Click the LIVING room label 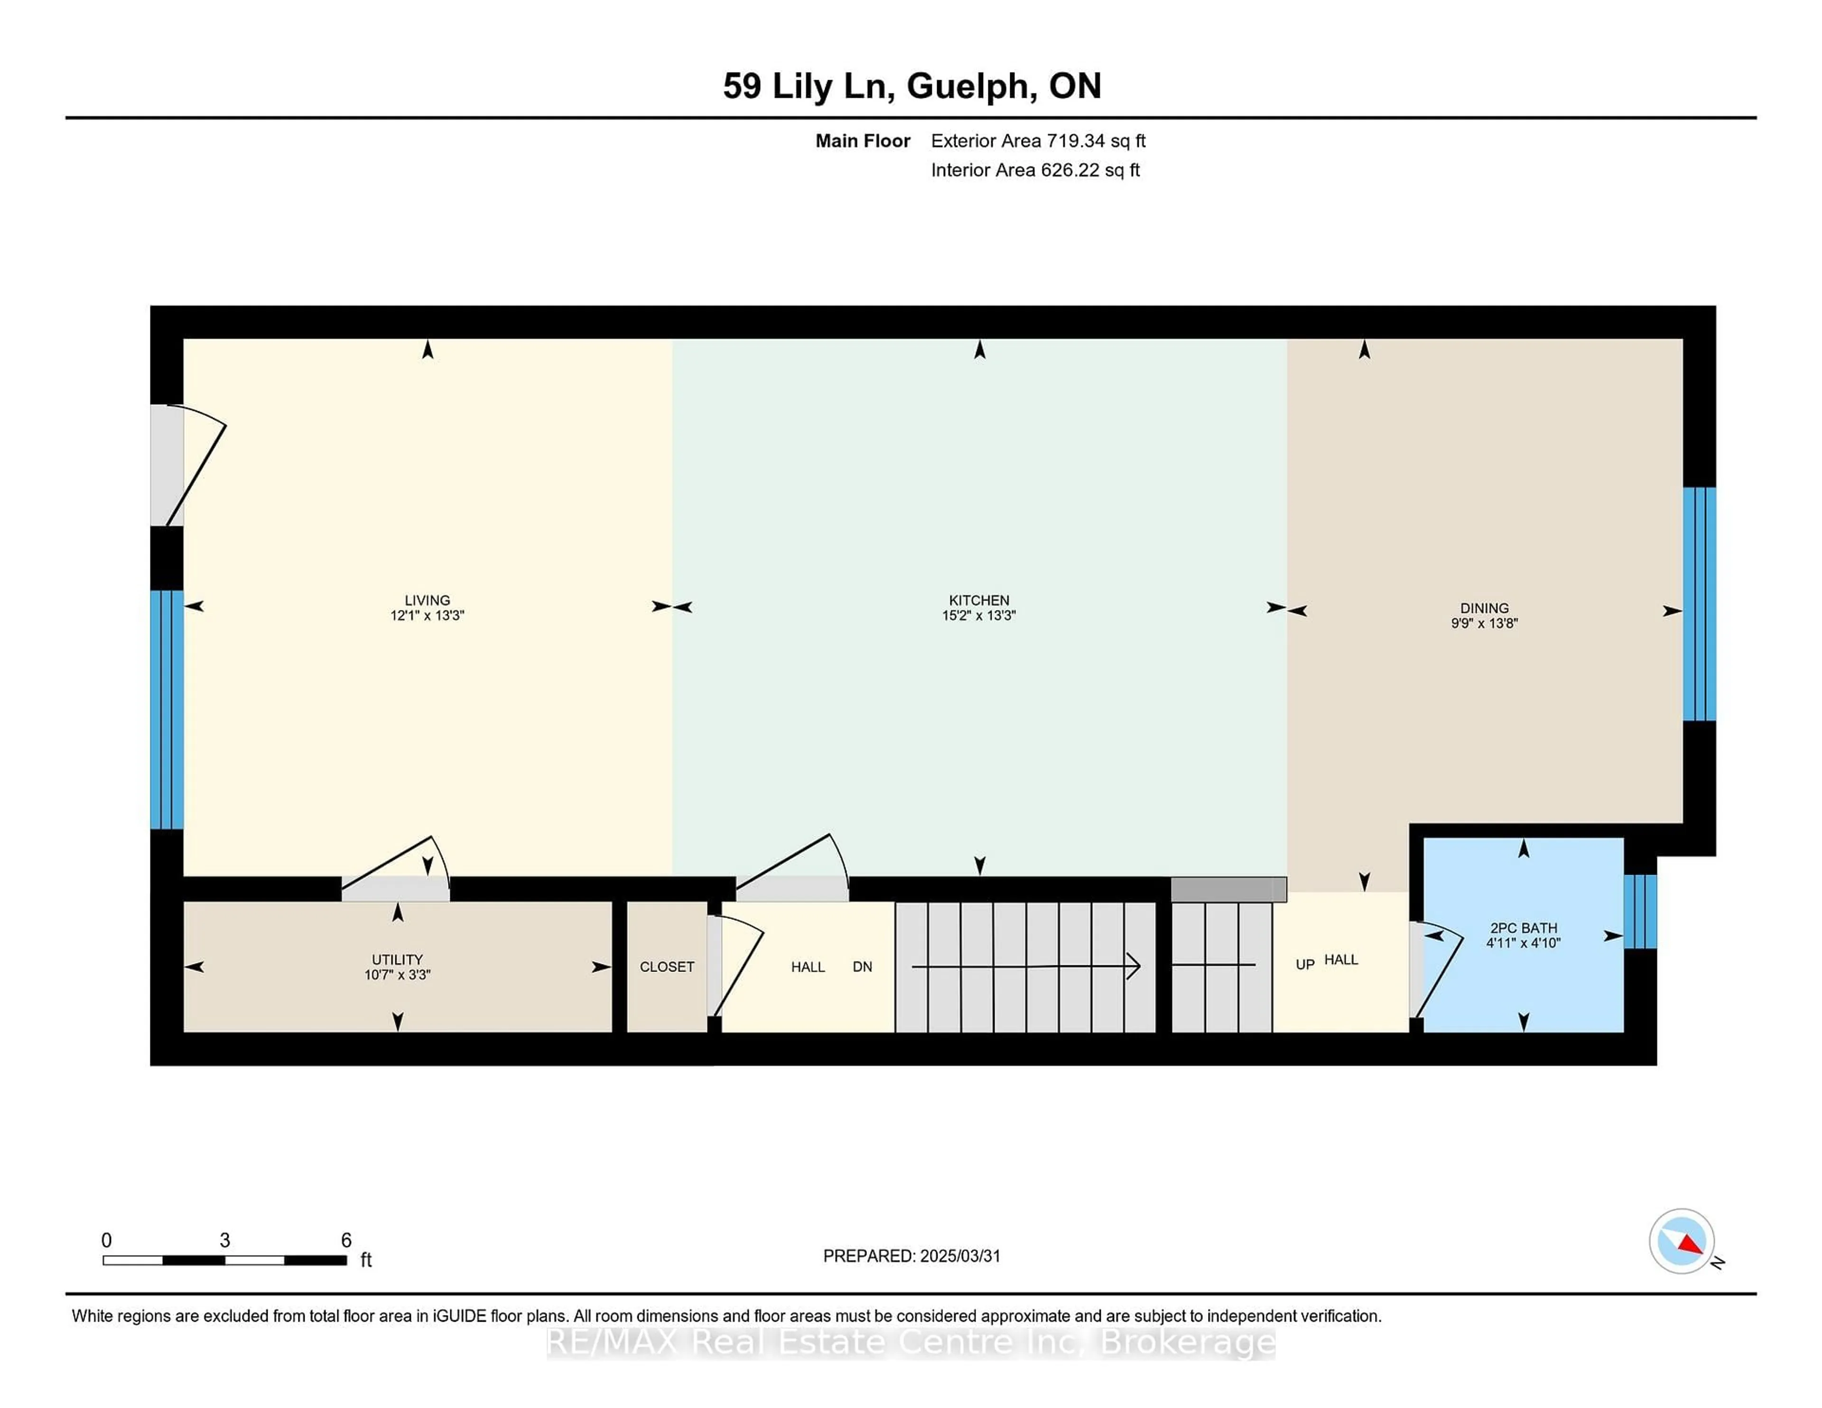point(427,600)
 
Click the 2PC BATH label point(1524,927)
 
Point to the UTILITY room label point(397,959)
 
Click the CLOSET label point(667,967)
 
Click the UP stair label point(1305,964)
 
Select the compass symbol point(1681,1241)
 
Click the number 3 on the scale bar point(224,1241)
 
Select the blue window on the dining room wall point(1699,604)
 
